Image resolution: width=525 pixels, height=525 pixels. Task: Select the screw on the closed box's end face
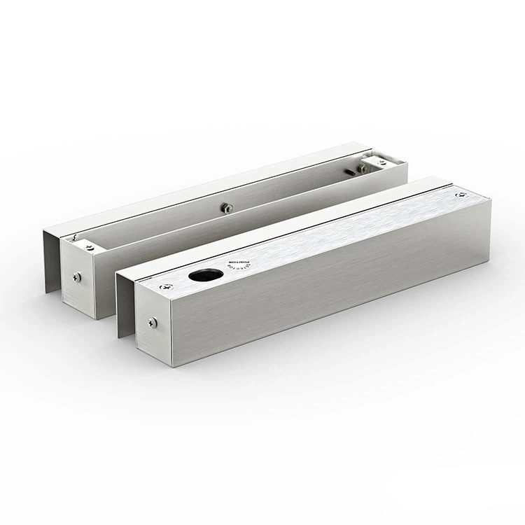(153, 323)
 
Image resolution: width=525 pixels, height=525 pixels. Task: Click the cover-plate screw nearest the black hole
(164, 286)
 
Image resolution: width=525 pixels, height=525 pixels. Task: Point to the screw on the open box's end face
(77, 277)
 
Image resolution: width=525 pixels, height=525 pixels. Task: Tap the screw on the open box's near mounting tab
(89, 246)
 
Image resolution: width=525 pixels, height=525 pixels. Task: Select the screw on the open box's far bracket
(381, 162)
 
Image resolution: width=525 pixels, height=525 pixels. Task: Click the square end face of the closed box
(154, 325)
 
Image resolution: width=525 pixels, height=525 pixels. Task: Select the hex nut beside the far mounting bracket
(363, 168)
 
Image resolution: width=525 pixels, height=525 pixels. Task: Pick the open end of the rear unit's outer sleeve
(52, 259)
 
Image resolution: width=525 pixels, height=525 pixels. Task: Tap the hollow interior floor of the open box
(210, 224)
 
